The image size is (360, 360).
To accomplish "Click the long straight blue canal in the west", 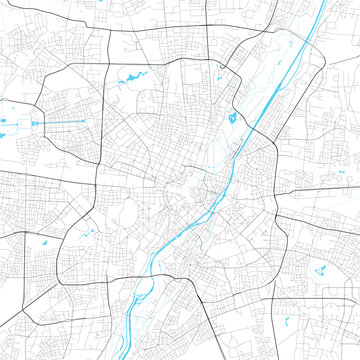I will pyautogui.click(x=60, y=123).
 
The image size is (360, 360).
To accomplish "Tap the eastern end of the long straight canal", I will pyautogui.click(x=89, y=124).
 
